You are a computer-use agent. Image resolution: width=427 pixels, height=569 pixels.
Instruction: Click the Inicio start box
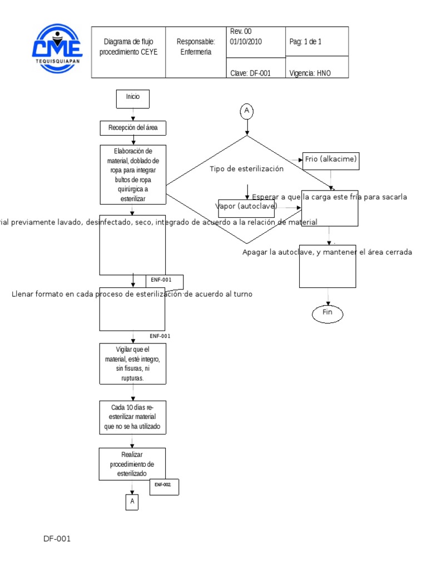[133, 98]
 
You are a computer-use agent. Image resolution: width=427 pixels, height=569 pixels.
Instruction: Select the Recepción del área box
[133, 128]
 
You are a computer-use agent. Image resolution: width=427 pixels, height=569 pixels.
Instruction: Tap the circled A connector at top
[247, 112]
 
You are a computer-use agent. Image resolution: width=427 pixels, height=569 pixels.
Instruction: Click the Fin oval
[327, 313]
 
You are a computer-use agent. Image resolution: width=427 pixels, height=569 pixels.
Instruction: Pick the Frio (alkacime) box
[330, 161]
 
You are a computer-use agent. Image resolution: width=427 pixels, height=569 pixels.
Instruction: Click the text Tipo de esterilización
[246, 169]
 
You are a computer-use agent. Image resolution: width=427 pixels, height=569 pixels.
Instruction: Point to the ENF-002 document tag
[163, 486]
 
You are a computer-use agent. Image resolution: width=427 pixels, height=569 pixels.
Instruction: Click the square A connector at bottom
[132, 502]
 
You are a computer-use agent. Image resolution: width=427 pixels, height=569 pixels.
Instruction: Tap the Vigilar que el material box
[132, 363]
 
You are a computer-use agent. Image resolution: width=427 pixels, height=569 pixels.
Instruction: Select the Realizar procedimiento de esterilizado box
[132, 465]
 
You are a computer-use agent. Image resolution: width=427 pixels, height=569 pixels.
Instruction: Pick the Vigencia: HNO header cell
[317, 73]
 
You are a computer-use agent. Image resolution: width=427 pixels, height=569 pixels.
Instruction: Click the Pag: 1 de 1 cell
[317, 42]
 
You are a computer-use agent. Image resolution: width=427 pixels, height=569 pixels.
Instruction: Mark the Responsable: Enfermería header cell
[196, 47]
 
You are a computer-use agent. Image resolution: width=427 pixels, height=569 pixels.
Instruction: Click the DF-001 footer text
[58, 538]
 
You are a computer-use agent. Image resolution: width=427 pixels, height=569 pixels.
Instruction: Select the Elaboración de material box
[132, 174]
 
